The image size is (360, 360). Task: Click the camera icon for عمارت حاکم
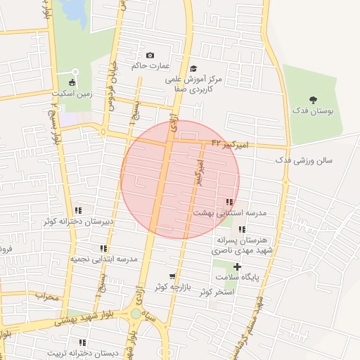149,55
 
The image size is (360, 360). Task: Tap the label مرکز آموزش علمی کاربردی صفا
194,85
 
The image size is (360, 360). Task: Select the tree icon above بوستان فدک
313,100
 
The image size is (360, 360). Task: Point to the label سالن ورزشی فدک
313,160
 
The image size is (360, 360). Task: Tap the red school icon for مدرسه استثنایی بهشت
229,202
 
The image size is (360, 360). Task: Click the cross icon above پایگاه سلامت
237,266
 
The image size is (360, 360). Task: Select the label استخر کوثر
214,291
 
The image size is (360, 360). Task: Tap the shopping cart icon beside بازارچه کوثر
172,276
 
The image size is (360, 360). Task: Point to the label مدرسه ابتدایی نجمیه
103,259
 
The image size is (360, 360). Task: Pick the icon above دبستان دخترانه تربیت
82,342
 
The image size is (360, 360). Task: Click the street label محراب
50,296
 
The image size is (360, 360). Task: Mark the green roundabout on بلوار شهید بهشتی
136,314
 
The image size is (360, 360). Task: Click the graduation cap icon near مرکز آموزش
193,68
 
